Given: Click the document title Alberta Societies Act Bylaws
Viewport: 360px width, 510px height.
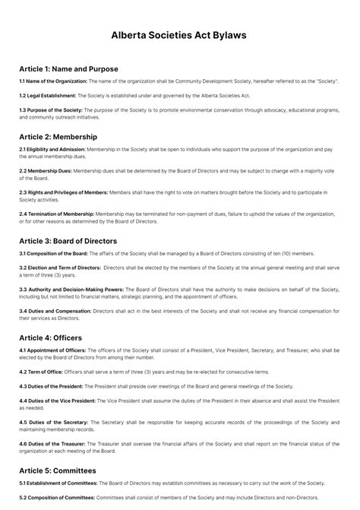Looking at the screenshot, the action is point(179,35).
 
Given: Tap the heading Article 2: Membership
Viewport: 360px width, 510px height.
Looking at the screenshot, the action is point(58,137).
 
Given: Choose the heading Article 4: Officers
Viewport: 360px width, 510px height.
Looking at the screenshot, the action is point(50,337).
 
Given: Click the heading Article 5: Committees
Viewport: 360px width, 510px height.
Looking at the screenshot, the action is point(58,470).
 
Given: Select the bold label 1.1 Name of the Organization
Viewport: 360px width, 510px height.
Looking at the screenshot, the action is point(53,81).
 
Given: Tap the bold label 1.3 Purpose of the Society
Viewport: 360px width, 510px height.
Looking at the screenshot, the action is point(51,110).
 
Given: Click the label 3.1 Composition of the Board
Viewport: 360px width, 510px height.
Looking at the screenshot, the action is point(53,253).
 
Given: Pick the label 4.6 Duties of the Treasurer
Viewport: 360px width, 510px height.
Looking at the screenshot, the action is point(52,443).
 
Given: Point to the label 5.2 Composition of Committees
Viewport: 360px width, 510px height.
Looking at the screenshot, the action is point(55,497).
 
